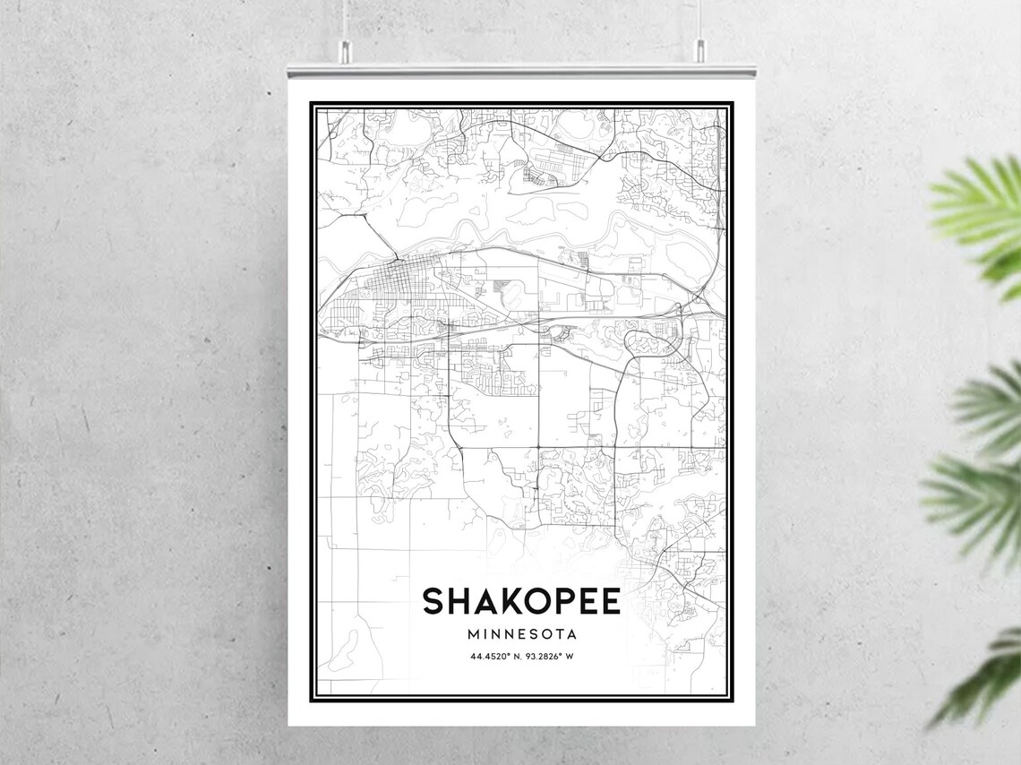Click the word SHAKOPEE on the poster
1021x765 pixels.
pos(521,601)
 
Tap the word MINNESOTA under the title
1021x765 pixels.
pos(521,634)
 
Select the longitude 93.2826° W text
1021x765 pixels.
pos(548,657)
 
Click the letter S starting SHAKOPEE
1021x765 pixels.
pos(433,601)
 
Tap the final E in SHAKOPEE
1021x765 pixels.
pos(609,601)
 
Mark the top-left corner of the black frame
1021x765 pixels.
pos(312,104)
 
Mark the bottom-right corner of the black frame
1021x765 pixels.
pos(731,700)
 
